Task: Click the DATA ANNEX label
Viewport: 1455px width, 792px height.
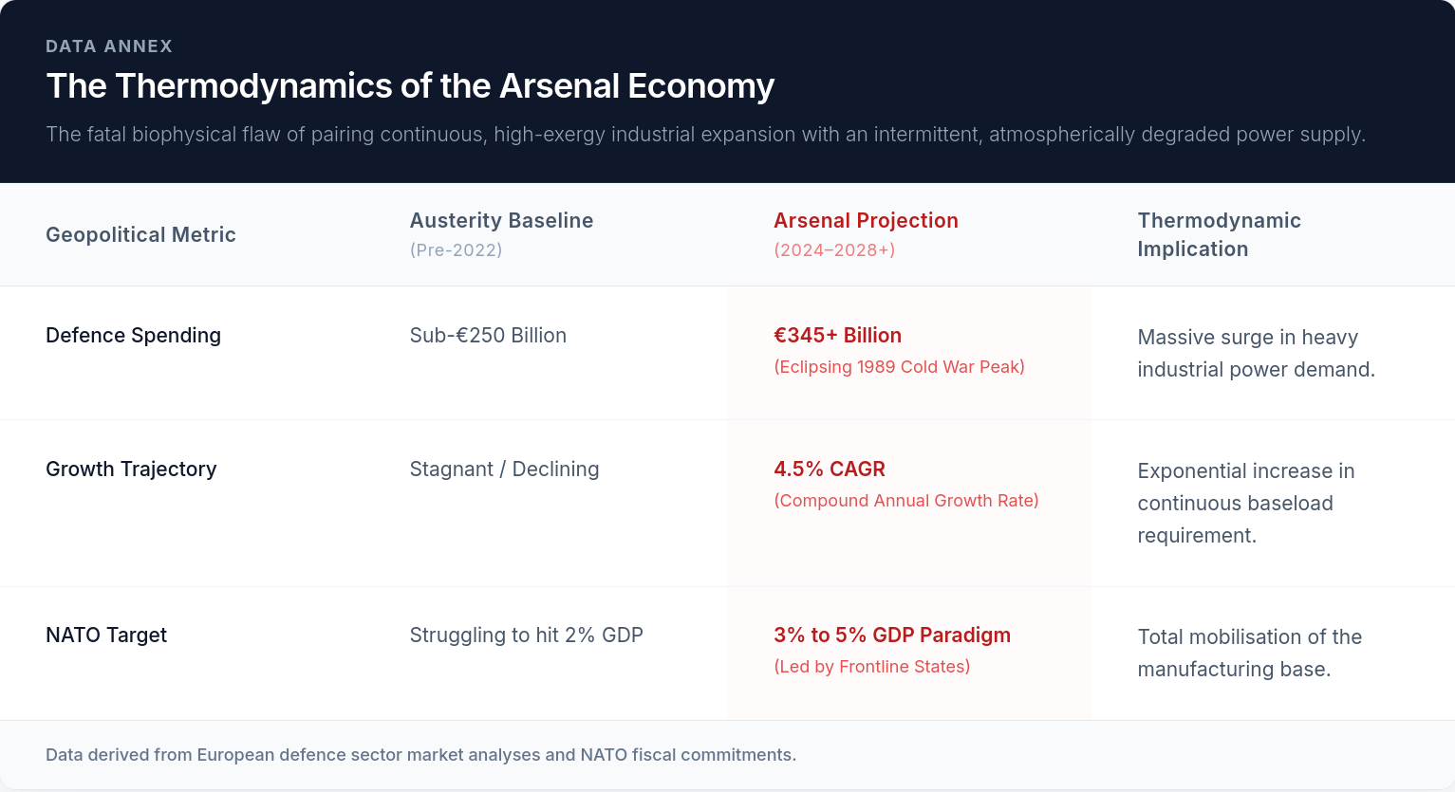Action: tap(109, 46)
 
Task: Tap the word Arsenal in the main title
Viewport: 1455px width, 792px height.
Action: tap(559, 85)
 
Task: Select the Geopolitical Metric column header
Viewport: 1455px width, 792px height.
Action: tap(140, 234)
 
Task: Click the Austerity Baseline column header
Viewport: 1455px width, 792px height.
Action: tap(501, 220)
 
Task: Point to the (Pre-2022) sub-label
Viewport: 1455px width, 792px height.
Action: tap(456, 250)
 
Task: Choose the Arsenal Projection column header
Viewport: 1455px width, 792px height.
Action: tap(866, 220)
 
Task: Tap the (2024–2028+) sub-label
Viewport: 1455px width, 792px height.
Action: tap(834, 250)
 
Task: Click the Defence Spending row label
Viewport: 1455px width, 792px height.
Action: tap(133, 335)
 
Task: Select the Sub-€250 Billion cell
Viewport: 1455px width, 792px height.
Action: tap(488, 335)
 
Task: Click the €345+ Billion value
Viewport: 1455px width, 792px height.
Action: tap(837, 335)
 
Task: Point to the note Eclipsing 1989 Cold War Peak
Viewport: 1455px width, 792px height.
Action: tap(899, 367)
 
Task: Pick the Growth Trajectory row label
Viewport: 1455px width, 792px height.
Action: tap(131, 469)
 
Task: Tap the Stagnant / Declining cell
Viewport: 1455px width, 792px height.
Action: tap(504, 469)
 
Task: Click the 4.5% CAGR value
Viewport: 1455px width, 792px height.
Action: tap(830, 469)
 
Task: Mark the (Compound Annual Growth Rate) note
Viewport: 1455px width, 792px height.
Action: tap(906, 501)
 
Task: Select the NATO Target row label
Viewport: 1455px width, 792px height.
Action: tap(106, 635)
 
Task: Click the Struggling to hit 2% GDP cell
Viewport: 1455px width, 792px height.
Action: tap(526, 635)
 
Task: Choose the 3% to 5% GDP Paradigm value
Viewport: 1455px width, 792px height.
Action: tap(892, 635)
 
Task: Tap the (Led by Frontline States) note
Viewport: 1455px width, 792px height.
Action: tap(871, 667)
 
